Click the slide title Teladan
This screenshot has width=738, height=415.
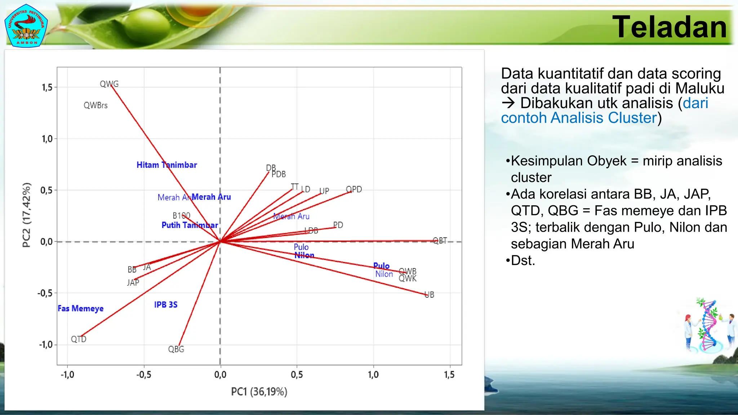tap(670, 27)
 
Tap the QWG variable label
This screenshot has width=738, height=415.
tap(109, 84)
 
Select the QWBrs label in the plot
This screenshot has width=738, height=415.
tap(95, 106)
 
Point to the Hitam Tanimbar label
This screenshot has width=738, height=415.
tap(166, 165)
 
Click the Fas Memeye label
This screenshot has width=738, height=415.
tap(80, 309)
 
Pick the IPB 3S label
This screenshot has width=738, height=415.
tap(166, 305)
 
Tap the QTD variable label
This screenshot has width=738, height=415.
tap(79, 339)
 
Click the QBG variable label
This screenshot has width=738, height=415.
tap(176, 349)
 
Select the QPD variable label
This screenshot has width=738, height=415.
tap(354, 189)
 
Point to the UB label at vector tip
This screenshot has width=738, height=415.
tap(430, 295)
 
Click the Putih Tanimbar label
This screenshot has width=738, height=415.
tap(190, 226)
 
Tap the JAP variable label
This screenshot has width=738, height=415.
tap(133, 283)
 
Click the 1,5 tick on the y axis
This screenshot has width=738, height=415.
tap(47, 88)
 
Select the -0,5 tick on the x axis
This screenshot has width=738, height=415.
tap(144, 375)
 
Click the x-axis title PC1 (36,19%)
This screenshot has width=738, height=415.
tap(259, 392)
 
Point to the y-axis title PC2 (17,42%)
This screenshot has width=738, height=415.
tap(27, 215)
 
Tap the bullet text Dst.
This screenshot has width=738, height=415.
tap(523, 260)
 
